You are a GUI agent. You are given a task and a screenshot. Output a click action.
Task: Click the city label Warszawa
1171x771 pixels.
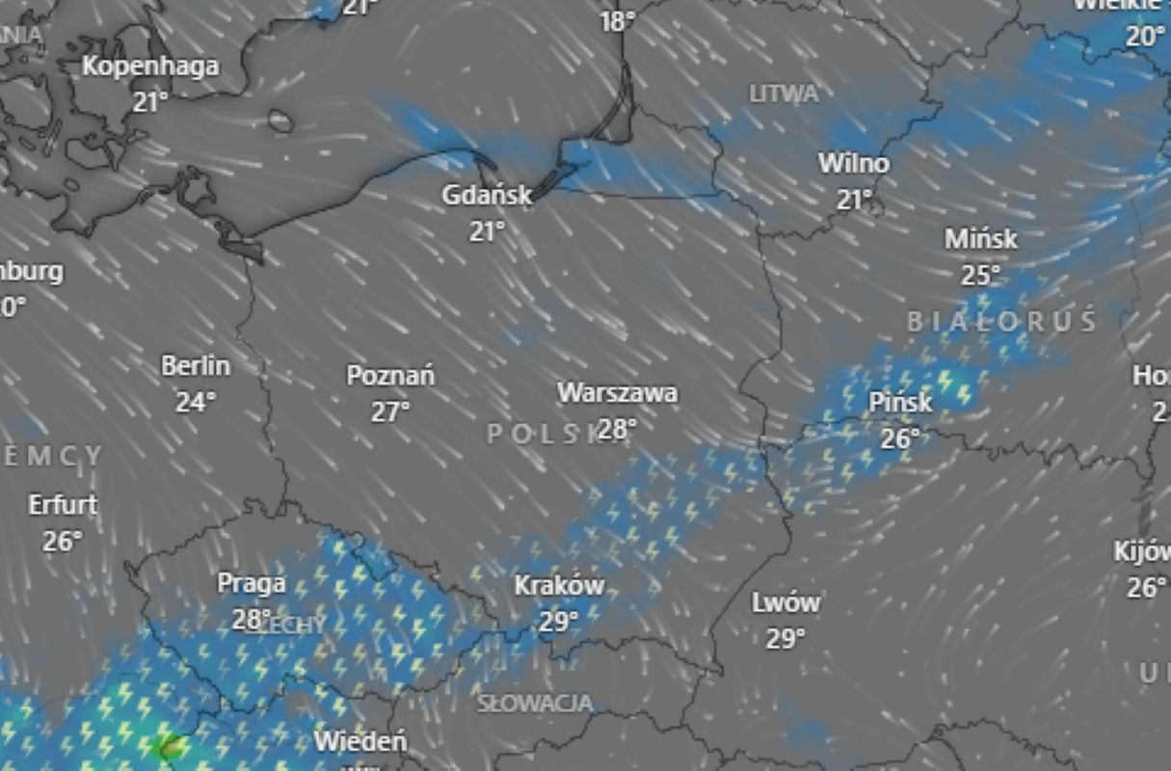pos(617,393)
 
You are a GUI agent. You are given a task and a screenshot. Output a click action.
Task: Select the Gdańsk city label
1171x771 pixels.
pos(487,195)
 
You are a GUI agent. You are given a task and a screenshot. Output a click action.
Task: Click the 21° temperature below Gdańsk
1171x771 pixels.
pos(488,231)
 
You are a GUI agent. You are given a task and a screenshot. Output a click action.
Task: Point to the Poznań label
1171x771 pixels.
pos(390,375)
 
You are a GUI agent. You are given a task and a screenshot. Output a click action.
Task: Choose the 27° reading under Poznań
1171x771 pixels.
pos(390,412)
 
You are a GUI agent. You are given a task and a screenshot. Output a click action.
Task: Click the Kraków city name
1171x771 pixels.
pos(559,585)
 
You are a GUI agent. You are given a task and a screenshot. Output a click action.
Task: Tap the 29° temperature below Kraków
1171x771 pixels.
pos(559,622)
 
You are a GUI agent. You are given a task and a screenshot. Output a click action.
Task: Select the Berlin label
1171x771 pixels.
pos(196,366)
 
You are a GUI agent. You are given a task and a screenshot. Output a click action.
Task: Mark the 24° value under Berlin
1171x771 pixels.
pos(196,402)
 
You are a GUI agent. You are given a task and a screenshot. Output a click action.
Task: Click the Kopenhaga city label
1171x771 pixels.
pos(150,66)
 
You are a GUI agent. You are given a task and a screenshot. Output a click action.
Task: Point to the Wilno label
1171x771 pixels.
pos(854,163)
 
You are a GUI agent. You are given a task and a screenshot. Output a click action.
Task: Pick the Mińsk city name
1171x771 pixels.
pos(981,238)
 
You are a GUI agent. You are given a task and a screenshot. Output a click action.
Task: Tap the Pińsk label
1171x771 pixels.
pos(900,402)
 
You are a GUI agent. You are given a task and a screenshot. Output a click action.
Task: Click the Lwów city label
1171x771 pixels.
pos(785,603)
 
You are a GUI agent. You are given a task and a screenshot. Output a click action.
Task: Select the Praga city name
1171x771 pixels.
pos(252,583)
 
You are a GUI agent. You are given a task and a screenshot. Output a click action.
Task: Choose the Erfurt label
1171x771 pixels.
pos(63,505)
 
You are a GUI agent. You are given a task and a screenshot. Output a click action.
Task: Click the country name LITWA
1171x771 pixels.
pos(784,93)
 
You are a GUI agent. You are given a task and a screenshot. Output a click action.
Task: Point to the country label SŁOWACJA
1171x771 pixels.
pos(535,704)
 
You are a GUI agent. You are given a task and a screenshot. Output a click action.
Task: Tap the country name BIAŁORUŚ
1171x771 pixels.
pos(1001,322)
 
